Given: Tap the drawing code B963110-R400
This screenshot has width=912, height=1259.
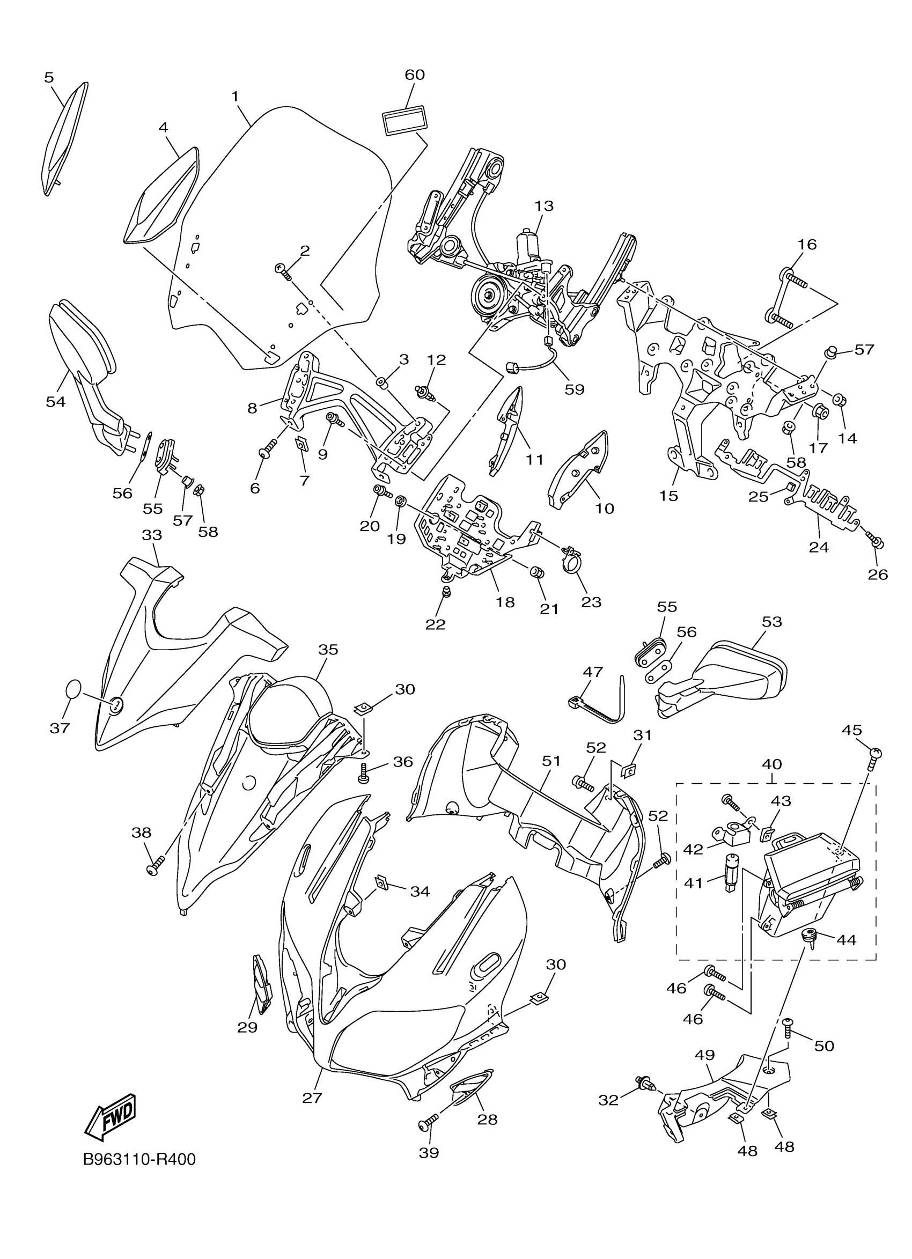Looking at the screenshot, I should point(139,1160).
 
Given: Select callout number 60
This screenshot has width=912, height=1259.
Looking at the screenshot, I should point(415,75).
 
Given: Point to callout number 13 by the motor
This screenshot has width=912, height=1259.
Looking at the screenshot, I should point(544,206).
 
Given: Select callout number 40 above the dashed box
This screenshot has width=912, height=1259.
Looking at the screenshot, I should point(771,764).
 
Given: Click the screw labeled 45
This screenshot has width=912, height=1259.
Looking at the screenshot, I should point(876,756).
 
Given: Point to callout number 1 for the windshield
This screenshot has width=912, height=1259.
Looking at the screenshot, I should point(235,97).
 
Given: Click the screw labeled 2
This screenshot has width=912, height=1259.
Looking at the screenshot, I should point(284,271).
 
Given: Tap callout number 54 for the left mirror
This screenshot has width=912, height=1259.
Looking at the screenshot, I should point(55,401).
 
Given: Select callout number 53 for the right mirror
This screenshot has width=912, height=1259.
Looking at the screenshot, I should point(771,622).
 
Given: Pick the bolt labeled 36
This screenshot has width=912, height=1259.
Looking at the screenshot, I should point(364,774).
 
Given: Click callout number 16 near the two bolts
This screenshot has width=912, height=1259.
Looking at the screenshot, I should point(807,244).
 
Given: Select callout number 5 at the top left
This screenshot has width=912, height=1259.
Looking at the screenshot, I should point(49,77).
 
